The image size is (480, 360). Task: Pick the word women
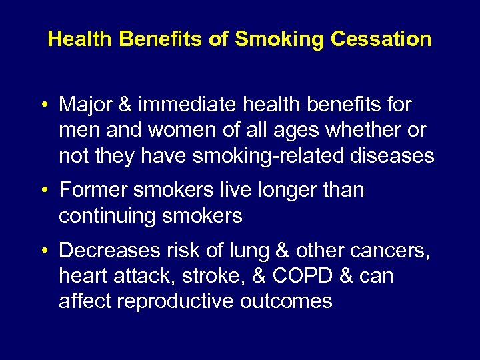167,131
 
